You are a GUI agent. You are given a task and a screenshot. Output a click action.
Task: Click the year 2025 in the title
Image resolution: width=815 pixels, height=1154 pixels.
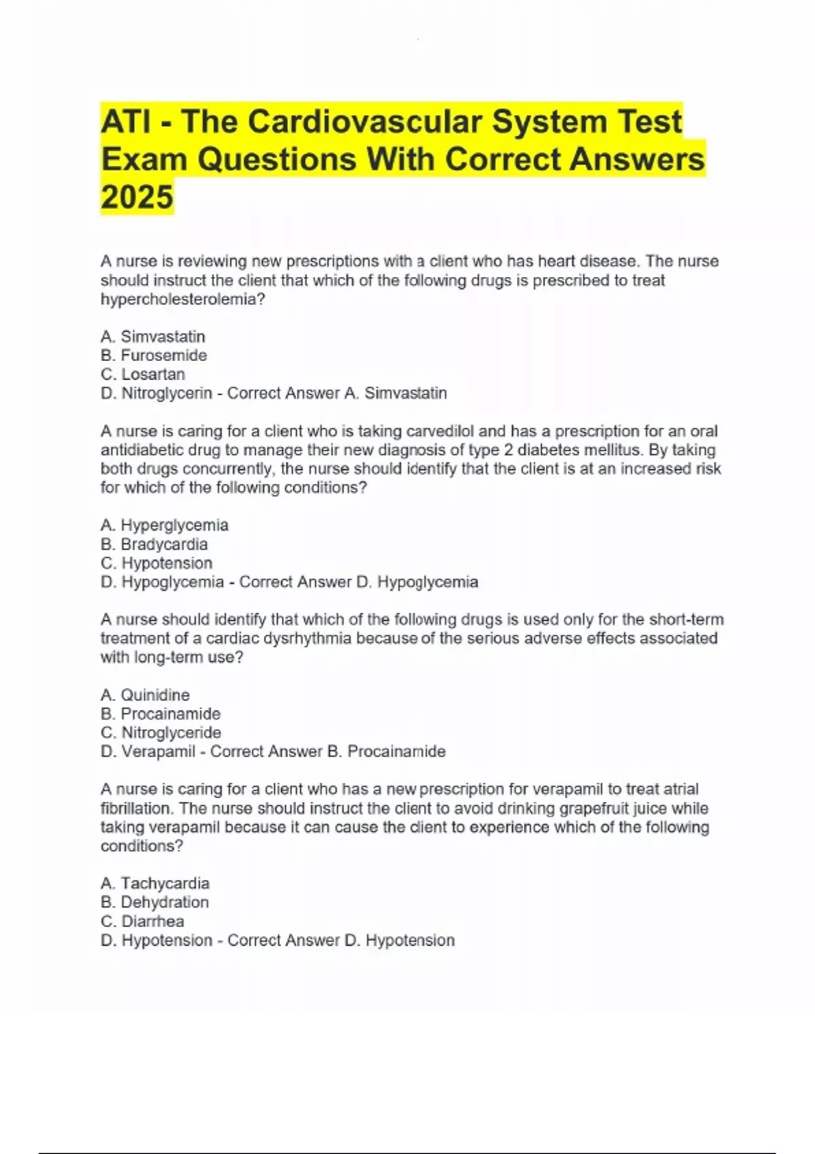pyautogui.click(x=137, y=197)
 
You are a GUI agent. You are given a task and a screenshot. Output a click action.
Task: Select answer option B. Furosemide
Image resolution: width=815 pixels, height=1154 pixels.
pyautogui.click(x=154, y=355)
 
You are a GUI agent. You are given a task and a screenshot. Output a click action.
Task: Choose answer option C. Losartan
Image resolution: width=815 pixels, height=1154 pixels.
pyautogui.click(x=143, y=374)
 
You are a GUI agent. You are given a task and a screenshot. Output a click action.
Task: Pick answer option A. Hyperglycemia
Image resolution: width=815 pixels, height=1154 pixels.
pyautogui.click(x=164, y=525)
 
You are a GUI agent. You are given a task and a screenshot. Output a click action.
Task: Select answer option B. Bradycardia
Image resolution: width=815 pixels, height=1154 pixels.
pyautogui.click(x=154, y=544)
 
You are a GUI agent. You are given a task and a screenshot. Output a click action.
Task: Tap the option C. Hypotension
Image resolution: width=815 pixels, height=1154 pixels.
pyautogui.click(x=157, y=563)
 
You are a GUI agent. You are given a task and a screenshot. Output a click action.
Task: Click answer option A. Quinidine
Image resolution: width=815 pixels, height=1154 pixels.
pyautogui.click(x=145, y=694)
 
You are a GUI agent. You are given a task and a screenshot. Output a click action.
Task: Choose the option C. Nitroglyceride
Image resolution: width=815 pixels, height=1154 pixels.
pyautogui.click(x=161, y=732)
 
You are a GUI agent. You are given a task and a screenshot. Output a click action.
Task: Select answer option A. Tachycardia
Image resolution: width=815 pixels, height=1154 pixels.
pyautogui.click(x=155, y=883)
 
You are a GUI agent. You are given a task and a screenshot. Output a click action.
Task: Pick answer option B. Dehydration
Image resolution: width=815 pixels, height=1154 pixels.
pyautogui.click(x=155, y=902)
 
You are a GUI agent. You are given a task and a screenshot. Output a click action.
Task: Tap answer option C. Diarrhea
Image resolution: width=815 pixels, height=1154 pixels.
pyautogui.click(x=143, y=921)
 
